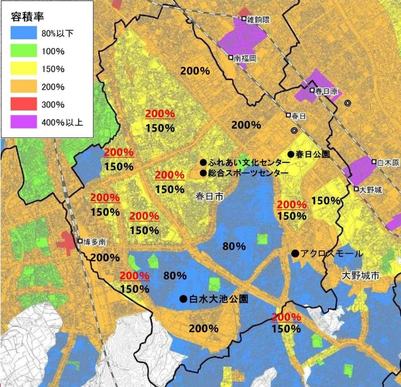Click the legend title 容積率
coord(27,17)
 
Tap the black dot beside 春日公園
coord(291,154)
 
